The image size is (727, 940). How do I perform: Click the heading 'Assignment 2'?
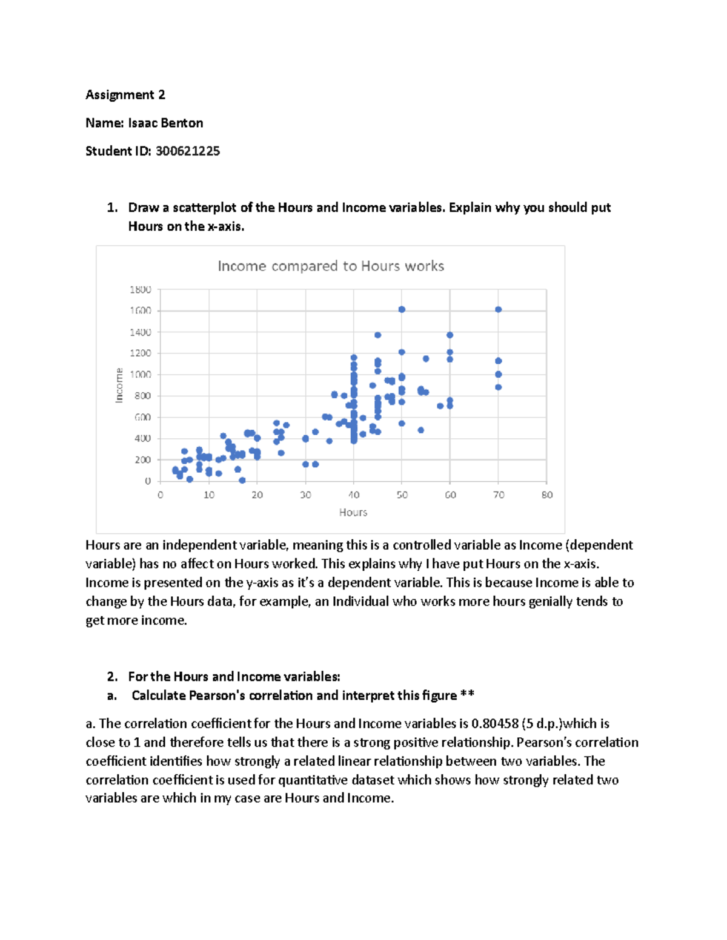coord(125,94)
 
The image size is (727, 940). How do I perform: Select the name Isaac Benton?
coord(165,123)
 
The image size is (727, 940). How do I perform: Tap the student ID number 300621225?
coord(188,151)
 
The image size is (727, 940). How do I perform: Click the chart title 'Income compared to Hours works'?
coord(331,266)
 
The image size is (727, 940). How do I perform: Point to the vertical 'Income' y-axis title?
coord(119,385)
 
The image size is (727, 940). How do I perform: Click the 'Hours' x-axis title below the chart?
coord(353,512)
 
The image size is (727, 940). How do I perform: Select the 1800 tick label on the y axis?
coord(140,289)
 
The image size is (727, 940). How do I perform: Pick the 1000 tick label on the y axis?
coord(140,375)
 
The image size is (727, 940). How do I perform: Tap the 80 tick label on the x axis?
coord(547,495)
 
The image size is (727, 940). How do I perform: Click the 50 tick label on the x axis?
coord(402,495)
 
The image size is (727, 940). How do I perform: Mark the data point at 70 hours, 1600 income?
coord(499,309)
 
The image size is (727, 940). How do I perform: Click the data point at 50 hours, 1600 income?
coord(402,309)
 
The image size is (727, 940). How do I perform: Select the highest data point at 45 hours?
coord(377,335)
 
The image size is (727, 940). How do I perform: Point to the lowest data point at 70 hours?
coord(499,387)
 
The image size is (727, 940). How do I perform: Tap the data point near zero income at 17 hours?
coord(242,480)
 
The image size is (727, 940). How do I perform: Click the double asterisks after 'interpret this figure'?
coord(467,695)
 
